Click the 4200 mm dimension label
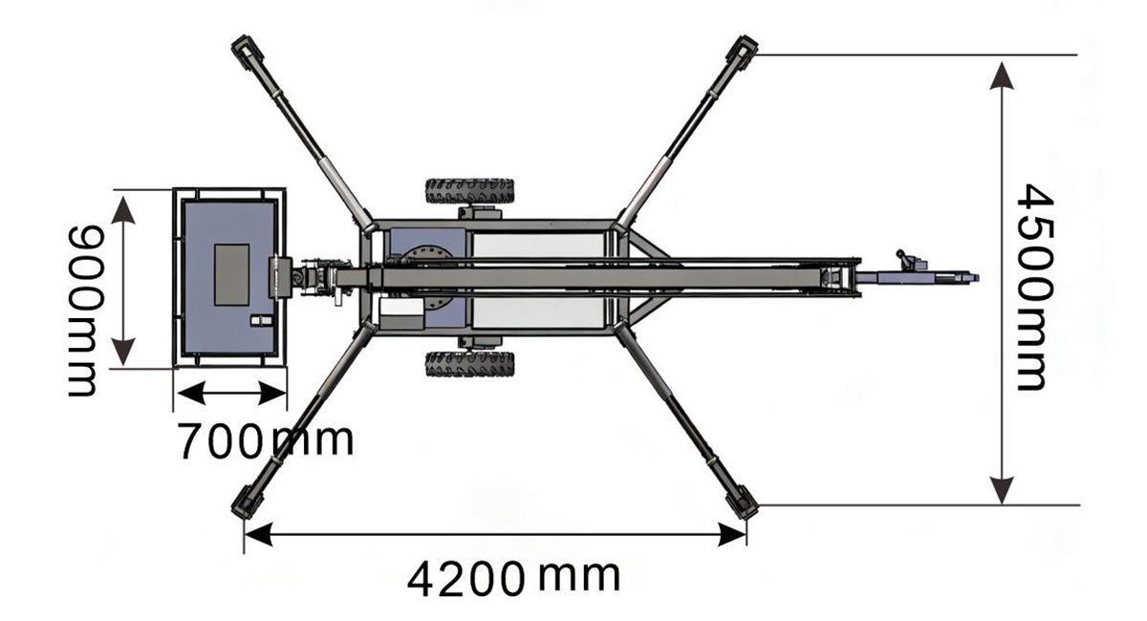[x=513, y=579]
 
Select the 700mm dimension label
[x=266, y=439]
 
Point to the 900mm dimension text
[x=85, y=310]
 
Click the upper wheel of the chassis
[x=469, y=191]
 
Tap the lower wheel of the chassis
[x=469, y=364]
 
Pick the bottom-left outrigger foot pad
[x=247, y=502]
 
